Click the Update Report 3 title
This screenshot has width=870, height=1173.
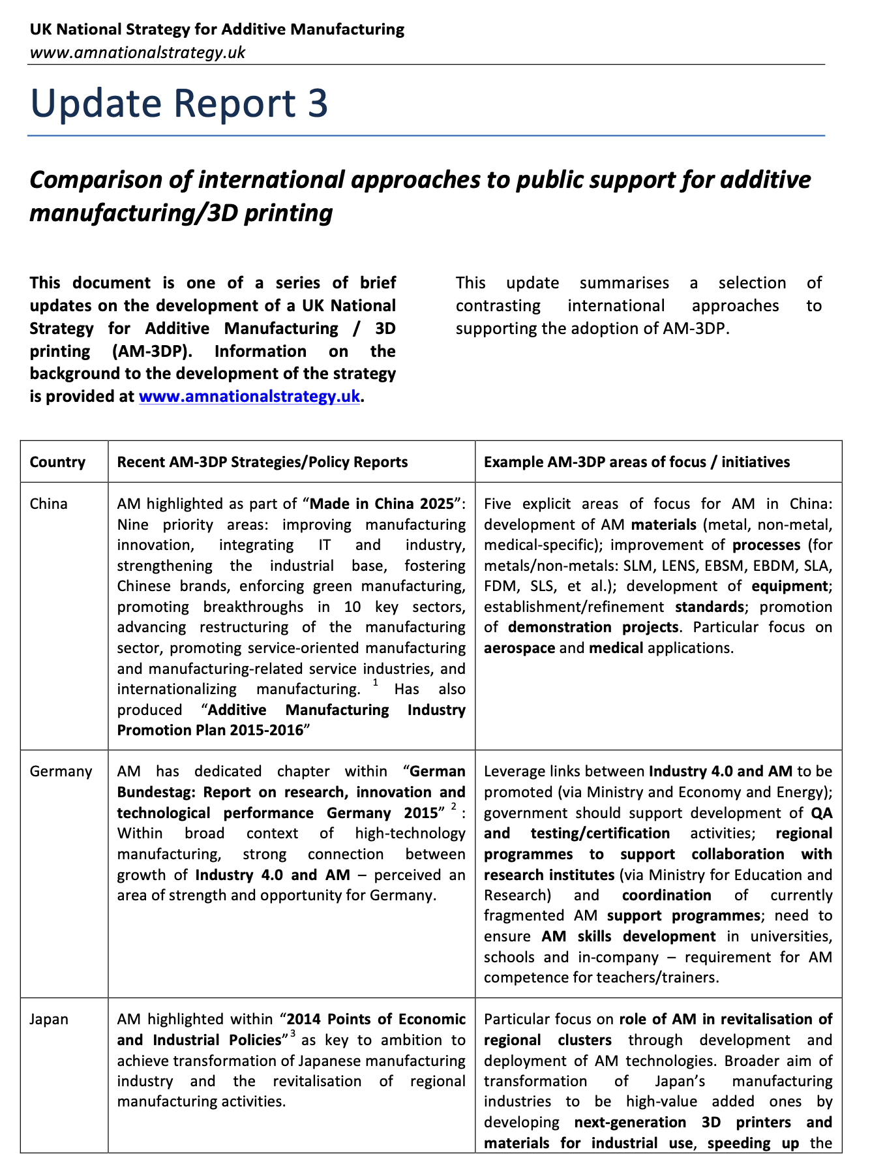179,104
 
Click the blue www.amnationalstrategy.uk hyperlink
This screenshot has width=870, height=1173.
249,396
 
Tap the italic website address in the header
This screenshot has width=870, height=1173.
138,52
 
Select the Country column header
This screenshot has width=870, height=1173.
57,462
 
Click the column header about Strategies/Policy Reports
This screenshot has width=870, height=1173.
262,462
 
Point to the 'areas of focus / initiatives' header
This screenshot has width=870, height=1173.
637,462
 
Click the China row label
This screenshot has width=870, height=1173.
49,504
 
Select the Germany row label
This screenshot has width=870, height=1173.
61,771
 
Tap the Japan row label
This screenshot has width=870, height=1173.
49,1019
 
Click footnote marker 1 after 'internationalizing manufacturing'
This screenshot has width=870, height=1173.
376,682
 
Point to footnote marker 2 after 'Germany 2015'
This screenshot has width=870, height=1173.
454,809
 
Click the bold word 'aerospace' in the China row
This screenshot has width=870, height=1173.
519,648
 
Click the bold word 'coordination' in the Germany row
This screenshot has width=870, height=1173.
666,895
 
